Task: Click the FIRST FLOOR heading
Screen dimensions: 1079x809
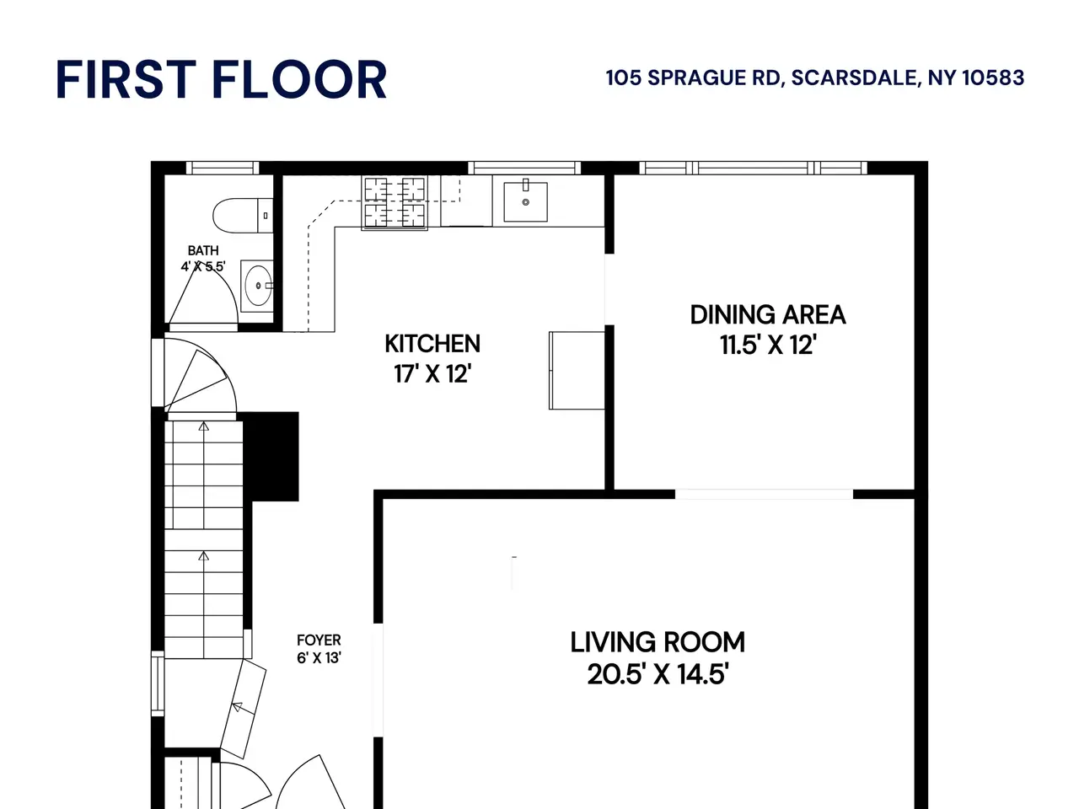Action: [x=221, y=79]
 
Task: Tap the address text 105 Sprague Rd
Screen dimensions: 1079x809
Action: [x=693, y=78]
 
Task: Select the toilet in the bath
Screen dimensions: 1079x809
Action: [x=243, y=215]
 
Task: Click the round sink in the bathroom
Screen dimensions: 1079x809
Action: [x=258, y=286]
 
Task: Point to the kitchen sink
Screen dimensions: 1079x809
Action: [x=525, y=201]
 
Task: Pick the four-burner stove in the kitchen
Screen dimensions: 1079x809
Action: [x=395, y=202]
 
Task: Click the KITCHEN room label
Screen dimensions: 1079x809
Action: [x=432, y=343]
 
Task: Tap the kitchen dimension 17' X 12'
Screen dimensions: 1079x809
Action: [x=432, y=374]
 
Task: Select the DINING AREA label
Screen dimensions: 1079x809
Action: [x=768, y=315]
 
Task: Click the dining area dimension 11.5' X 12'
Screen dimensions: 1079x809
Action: [x=768, y=345]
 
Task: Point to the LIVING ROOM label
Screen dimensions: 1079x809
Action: [x=658, y=642]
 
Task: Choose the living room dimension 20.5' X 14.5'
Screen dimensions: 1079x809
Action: [x=658, y=674]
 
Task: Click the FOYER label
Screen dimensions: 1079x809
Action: [x=319, y=640]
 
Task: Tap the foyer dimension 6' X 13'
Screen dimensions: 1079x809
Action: [x=319, y=657]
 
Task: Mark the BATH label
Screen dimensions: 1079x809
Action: [x=203, y=250]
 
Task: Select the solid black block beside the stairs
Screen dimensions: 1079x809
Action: [x=271, y=456]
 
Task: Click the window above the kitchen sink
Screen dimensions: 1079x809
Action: [x=524, y=168]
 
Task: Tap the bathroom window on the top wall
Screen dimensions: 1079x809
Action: [x=223, y=168]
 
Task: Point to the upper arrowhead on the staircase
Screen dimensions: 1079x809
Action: [x=203, y=426]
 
